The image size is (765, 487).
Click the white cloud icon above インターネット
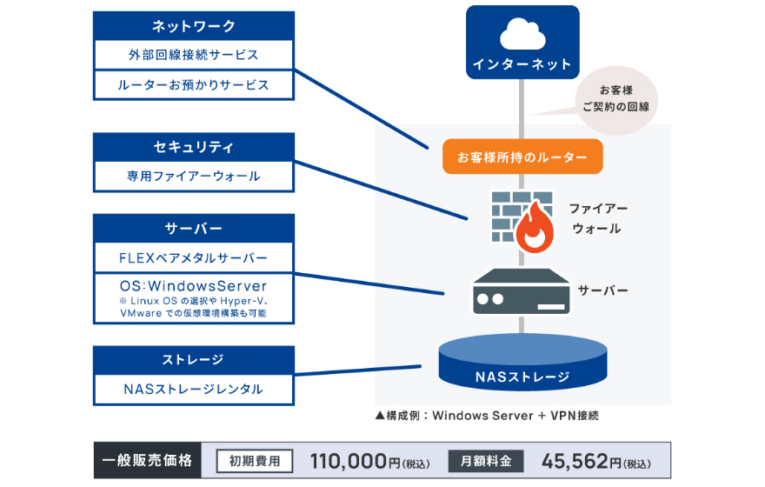tap(522, 35)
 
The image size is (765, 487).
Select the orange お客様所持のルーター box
tap(522, 157)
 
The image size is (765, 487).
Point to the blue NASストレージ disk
tap(522, 363)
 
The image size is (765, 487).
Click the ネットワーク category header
tap(193, 26)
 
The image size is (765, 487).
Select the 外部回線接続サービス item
tap(193, 55)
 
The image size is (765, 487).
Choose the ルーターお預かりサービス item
tap(193, 85)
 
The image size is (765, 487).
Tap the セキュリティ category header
tap(193, 146)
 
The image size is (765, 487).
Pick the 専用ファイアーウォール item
tap(193, 176)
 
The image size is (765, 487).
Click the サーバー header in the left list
tap(193, 229)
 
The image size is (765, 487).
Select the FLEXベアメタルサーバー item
tap(193, 258)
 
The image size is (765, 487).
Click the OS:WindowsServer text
tap(193, 285)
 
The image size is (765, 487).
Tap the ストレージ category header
tap(193, 359)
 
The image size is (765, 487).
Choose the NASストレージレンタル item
tap(193, 389)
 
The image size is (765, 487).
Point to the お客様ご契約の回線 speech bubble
tap(615, 99)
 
